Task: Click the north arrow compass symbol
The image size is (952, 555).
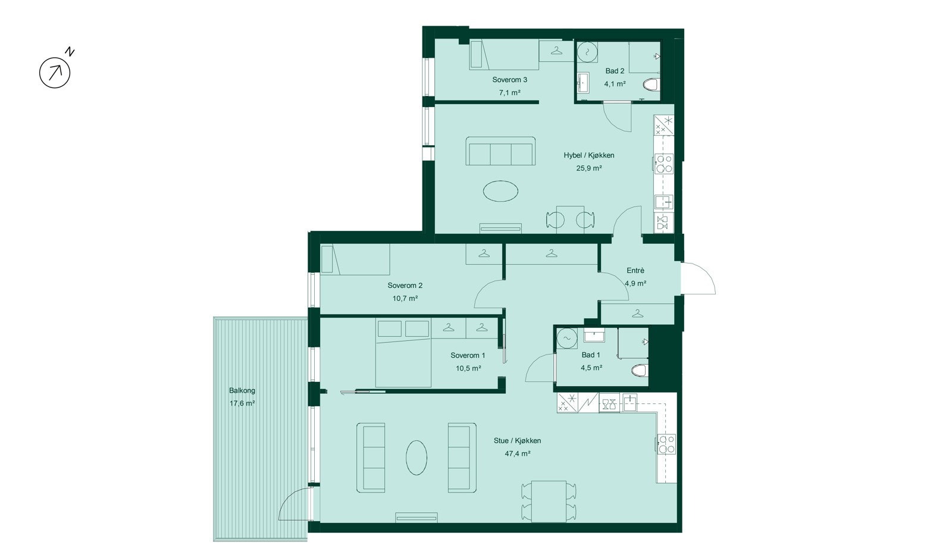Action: point(55,73)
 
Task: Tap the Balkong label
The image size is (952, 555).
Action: point(242,391)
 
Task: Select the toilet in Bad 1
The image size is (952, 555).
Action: point(639,371)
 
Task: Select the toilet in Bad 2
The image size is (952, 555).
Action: point(651,84)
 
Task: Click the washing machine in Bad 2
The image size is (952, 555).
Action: point(587,52)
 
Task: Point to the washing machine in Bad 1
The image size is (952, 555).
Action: point(567,338)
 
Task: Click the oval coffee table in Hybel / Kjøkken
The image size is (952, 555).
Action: point(500,191)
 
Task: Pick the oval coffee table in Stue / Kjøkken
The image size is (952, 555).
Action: point(416,457)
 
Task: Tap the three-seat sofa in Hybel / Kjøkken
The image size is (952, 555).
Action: point(500,151)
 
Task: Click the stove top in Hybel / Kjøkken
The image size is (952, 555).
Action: point(664,164)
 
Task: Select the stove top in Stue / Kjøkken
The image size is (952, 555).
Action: point(666,444)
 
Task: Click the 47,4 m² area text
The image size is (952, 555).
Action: point(517,453)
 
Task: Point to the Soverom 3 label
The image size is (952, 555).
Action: point(509,80)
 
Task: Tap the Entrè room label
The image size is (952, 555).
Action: point(635,270)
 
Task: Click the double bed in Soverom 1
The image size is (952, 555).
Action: point(403,353)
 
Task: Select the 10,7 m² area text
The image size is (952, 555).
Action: point(405,299)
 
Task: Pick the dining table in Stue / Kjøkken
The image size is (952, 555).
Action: point(549,501)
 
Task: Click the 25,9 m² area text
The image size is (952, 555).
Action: point(588,168)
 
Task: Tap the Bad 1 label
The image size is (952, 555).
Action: point(591,355)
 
